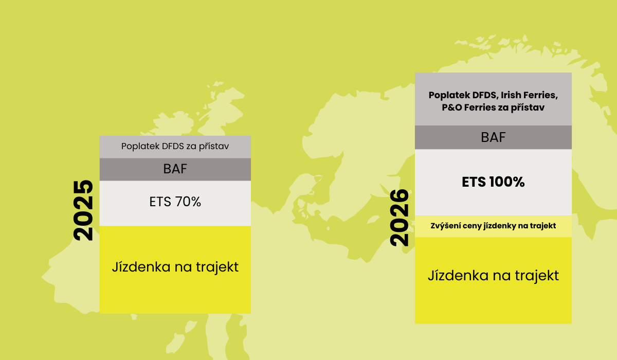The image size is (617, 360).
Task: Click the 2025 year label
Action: click(83, 210)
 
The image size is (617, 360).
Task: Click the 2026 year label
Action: click(400, 218)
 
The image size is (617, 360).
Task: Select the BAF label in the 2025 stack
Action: click(175, 169)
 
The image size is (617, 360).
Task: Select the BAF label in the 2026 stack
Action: click(493, 137)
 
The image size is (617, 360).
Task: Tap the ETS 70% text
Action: click(175, 202)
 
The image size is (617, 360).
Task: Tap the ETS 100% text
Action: click(493, 182)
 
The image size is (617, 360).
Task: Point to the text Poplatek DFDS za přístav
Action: click(175, 146)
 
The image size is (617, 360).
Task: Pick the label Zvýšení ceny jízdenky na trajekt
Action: click(493, 226)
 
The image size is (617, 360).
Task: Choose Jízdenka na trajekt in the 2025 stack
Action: click(175, 267)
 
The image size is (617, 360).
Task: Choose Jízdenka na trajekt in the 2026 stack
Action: click(493, 276)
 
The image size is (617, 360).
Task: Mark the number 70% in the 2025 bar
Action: click(188, 202)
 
